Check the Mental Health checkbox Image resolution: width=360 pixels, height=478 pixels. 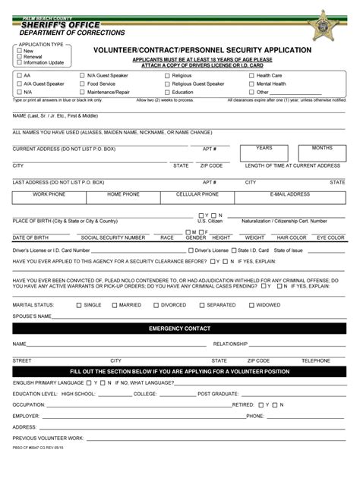tap(251, 83)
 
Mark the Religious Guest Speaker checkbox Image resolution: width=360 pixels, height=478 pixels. tap(166, 83)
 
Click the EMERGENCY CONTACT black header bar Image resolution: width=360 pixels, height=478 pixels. tap(179, 329)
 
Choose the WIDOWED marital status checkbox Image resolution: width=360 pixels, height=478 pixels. tap(250, 305)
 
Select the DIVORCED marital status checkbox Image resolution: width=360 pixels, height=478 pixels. tap(156, 305)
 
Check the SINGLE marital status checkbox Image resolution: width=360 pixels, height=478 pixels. tap(78, 305)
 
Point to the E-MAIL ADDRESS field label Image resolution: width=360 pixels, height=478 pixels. tap(289, 194)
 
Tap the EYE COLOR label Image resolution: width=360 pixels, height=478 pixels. tap(330, 237)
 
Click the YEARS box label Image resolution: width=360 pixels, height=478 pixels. tap(264, 148)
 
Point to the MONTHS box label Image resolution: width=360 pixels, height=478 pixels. tap(322, 148)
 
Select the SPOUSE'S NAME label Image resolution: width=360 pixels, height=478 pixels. tap(33, 316)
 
